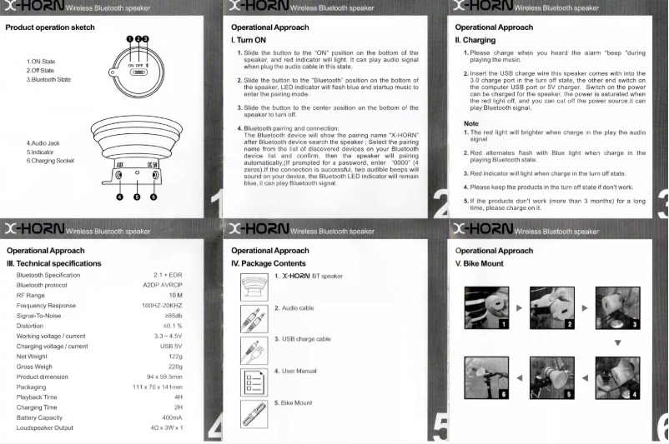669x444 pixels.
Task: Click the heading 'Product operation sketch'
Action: coord(50,27)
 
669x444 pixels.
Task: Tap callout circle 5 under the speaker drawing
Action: coord(137,197)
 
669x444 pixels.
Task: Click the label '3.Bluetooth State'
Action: coord(50,79)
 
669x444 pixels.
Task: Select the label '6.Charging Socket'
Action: coord(50,161)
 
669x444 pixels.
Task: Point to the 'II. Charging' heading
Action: coord(475,40)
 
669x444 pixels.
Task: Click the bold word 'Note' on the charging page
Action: coord(470,123)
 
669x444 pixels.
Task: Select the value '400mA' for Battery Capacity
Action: coord(173,417)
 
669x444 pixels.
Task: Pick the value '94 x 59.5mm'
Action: coord(164,377)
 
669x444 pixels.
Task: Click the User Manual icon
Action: coord(254,382)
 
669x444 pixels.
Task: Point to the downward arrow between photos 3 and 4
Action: coord(617,342)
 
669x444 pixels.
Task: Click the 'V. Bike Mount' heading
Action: coord(480,263)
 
